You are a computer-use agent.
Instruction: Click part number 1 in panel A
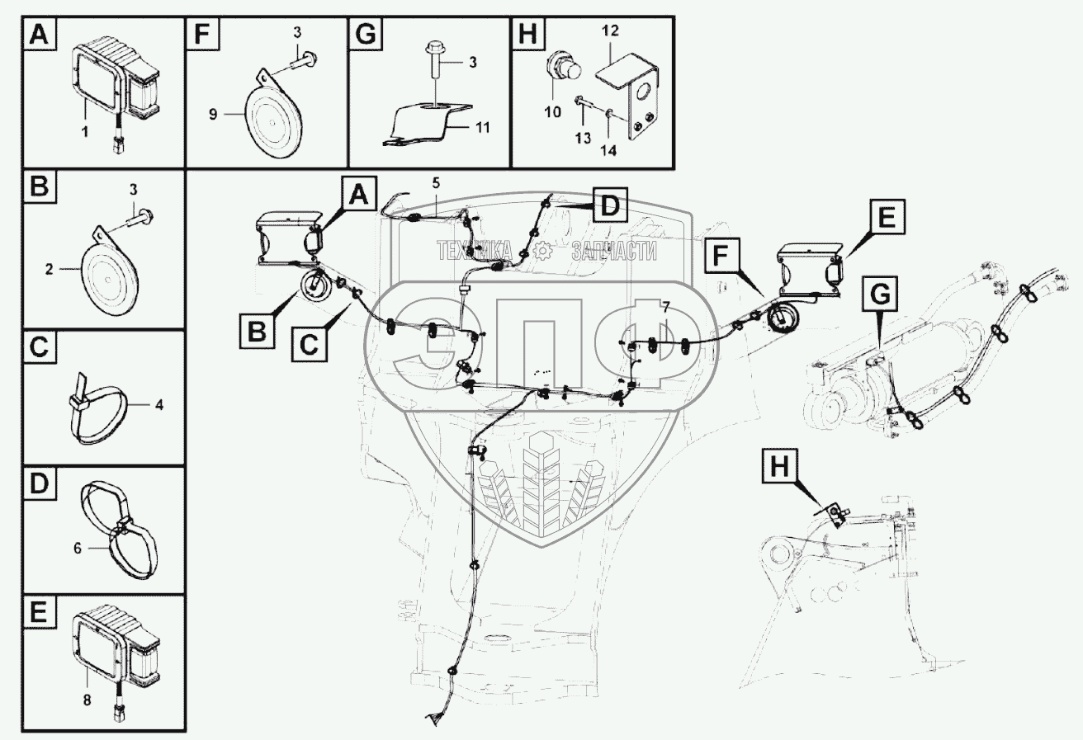pyautogui.click(x=85, y=131)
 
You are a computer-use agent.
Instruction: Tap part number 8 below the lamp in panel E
pyautogui.click(x=87, y=700)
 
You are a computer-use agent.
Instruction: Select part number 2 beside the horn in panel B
pyautogui.click(x=49, y=269)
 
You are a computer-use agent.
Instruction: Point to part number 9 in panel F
pyautogui.click(x=213, y=115)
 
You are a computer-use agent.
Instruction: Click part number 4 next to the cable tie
pyautogui.click(x=159, y=404)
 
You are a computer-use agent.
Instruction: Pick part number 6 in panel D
pyautogui.click(x=78, y=549)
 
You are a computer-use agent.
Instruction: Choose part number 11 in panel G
pyautogui.click(x=483, y=128)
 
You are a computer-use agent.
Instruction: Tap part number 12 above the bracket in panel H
pyautogui.click(x=610, y=31)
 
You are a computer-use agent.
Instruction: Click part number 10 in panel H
pyautogui.click(x=552, y=112)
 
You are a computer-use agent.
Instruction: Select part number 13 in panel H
pyautogui.click(x=583, y=139)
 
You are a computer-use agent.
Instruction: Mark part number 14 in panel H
pyautogui.click(x=608, y=151)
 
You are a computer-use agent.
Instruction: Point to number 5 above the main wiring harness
pyautogui.click(x=436, y=183)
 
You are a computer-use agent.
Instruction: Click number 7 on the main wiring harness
pyautogui.click(x=666, y=306)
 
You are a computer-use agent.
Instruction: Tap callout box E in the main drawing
pyautogui.click(x=887, y=217)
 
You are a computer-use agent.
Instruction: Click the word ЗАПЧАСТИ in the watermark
pyautogui.click(x=614, y=251)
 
